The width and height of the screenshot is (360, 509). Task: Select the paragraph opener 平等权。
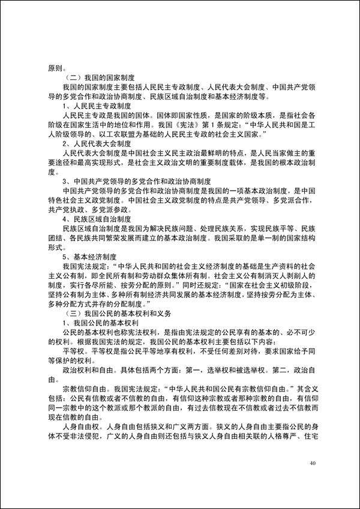pos(76,351)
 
